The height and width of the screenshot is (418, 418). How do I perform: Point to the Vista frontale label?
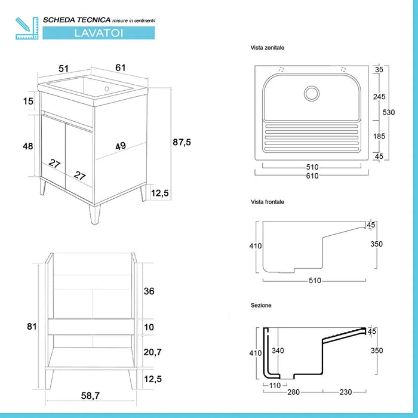tap(268, 202)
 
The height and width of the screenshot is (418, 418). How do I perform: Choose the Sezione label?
tap(261, 305)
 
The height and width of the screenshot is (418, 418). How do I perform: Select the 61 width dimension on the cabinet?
tap(121, 67)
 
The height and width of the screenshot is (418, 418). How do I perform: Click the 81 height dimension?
tap(32, 326)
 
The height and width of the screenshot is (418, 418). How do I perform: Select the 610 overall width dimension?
tap(312, 176)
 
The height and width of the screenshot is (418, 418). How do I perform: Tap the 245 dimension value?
tap(378, 96)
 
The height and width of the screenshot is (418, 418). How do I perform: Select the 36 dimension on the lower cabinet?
tap(150, 291)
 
